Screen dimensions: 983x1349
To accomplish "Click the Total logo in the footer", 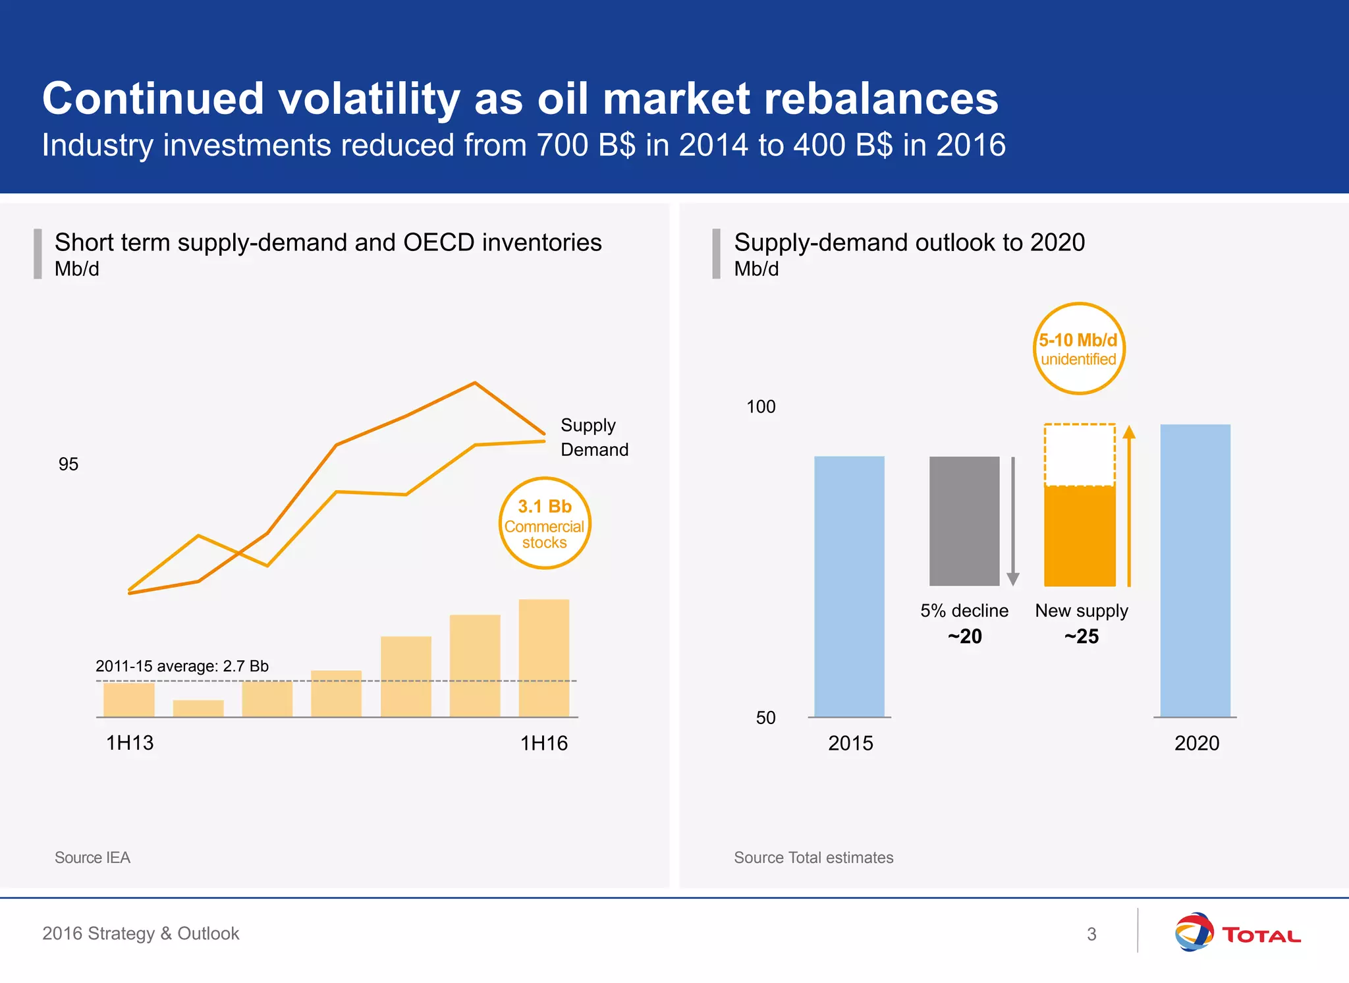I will pos(1237,933).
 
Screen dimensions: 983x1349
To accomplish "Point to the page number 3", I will pos(1091,934).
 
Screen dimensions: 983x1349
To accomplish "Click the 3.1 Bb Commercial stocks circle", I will pos(544,523).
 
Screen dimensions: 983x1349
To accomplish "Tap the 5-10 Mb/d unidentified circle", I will pos(1078,349).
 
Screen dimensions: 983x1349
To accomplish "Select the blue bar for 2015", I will pos(849,586).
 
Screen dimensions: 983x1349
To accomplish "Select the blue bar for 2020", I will pos(1195,571).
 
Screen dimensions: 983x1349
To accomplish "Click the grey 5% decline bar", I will pos(964,520).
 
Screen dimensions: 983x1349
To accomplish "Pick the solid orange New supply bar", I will pos(1080,536).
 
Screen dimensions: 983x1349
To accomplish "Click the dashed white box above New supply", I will pos(1080,455).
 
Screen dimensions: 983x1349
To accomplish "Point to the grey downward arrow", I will pos(1013,520).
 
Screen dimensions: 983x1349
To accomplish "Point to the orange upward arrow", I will pos(1129,504).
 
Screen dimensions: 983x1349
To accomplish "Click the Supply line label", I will pos(588,425).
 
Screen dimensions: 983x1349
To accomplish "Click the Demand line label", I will pos(594,450).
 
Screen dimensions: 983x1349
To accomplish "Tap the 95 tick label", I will pos(68,464).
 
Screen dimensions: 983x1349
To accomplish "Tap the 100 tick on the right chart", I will pos(761,407).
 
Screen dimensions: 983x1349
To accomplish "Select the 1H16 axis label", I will pos(543,743).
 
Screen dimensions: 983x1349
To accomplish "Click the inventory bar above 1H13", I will pos(129,700).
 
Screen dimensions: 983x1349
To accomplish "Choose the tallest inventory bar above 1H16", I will pos(543,658).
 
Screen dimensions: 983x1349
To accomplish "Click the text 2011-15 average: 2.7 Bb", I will pos(182,666).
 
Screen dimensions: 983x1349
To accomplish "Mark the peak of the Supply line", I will pos(474,383).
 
